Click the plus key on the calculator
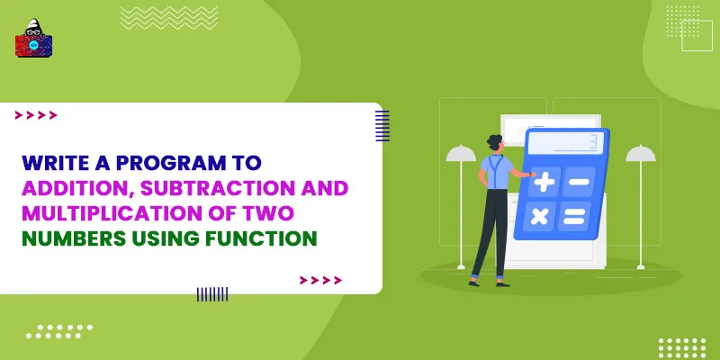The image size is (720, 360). tap(544, 183)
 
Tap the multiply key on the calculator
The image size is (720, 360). tap(539, 216)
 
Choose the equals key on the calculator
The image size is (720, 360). tap(573, 217)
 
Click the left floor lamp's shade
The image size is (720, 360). tap(461, 154)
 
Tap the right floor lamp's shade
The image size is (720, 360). tap(641, 154)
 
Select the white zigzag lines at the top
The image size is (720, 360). tap(157, 17)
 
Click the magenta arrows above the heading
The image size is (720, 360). tap(36, 115)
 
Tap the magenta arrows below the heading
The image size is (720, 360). tap(320, 280)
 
